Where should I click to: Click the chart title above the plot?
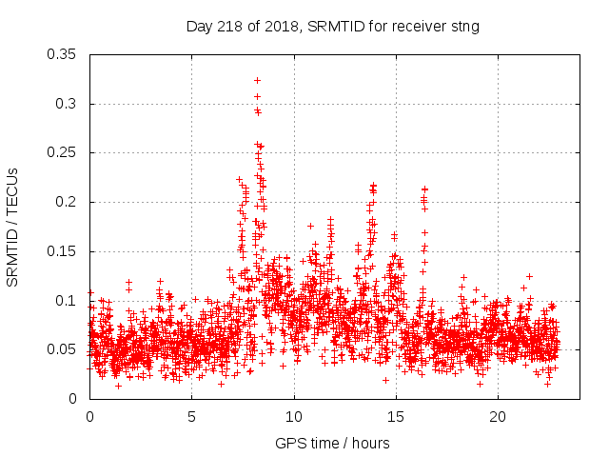coord(332,27)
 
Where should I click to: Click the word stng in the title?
coord(464,27)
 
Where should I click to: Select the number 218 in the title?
coord(228,27)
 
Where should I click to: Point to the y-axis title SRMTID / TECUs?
coord(13,226)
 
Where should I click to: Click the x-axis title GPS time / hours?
coord(332,443)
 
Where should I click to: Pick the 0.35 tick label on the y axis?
coord(63,54)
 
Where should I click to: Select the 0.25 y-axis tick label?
coord(63,152)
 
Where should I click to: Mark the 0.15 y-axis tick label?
coord(63,251)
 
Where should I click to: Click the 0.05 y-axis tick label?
coord(63,349)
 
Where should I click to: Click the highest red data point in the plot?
coord(257,80)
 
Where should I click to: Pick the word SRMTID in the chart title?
coord(334,27)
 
